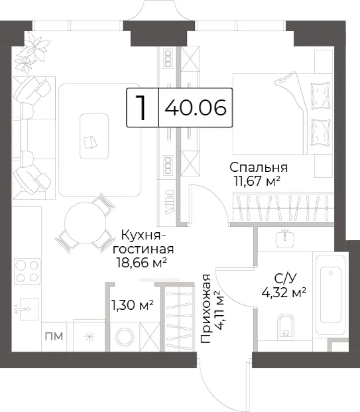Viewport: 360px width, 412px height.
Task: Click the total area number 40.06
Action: tap(196, 107)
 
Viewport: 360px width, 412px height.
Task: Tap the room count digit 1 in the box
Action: tap(141, 107)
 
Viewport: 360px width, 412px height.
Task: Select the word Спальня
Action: tap(259, 167)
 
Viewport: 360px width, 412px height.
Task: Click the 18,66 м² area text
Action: tap(142, 263)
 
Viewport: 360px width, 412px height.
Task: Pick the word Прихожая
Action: tap(206, 309)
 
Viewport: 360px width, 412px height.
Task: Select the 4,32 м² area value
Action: tap(284, 292)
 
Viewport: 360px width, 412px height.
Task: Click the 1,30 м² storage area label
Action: tap(133, 305)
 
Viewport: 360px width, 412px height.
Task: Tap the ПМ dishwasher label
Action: tap(54, 336)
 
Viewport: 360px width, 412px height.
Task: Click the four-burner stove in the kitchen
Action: tap(27, 271)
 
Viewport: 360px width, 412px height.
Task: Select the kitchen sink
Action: tap(27, 309)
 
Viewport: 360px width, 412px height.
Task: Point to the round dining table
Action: tap(85, 223)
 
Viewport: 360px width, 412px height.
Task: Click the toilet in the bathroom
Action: tap(286, 326)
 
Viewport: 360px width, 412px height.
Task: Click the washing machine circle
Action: tap(125, 337)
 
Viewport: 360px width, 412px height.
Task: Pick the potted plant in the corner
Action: tap(32, 52)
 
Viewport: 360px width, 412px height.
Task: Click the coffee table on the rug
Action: tap(94, 137)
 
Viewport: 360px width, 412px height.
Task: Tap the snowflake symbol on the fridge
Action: tap(90, 337)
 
